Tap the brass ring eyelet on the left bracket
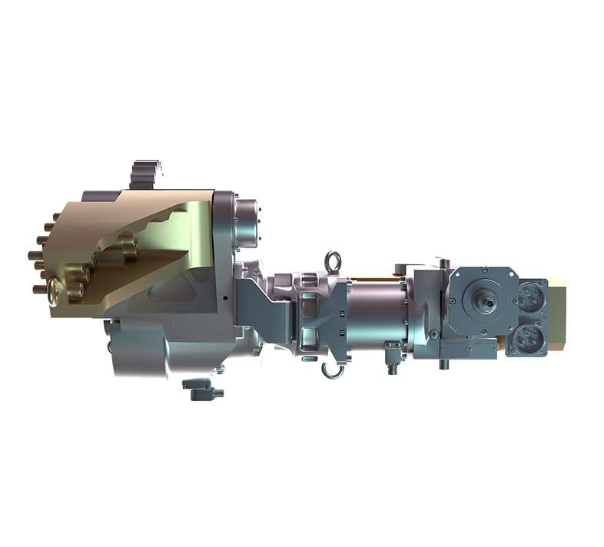pos(55,290)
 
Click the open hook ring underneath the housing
pos(333,370)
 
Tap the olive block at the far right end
pos(558,315)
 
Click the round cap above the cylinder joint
pos(251,216)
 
